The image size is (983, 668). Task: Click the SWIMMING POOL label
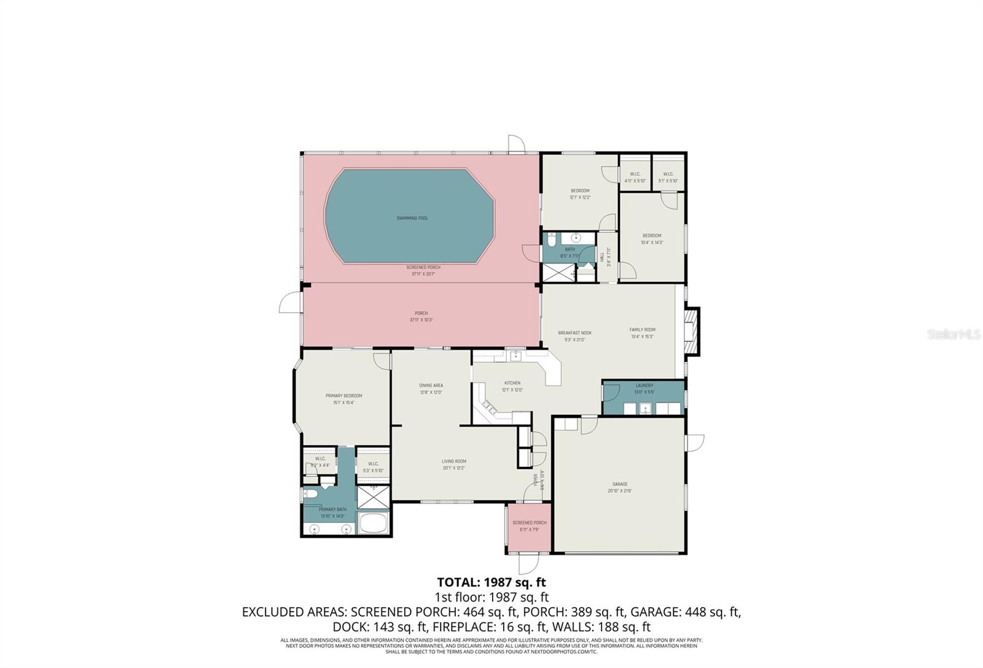pos(412,218)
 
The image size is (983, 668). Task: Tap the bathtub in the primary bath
pos(373,524)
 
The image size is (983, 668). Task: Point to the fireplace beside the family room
pos(692,332)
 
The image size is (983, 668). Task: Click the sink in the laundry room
pos(644,409)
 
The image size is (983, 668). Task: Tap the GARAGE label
pos(619,484)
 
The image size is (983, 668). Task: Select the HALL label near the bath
pos(601,257)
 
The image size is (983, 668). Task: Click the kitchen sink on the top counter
pos(515,355)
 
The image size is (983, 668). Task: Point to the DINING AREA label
pos(431,385)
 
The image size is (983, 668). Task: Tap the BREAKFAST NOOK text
pos(574,332)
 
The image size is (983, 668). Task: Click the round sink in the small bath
pos(576,238)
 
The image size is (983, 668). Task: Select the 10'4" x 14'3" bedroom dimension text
pos(652,242)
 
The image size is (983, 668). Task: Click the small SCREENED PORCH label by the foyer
pos(529,522)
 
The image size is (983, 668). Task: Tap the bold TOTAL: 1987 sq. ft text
pos(491,582)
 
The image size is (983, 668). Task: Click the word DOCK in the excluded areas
pos(348,627)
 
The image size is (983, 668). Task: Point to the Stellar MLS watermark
pos(953,334)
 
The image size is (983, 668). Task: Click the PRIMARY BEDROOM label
pos(343,396)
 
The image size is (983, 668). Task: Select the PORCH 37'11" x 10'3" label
pos(421,316)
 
